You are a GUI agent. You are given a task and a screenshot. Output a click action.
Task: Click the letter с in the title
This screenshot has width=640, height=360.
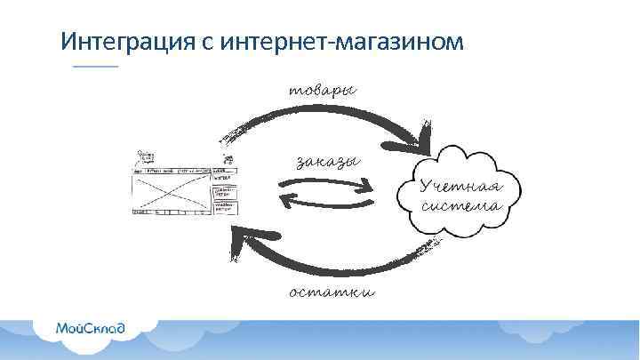tap(198, 42)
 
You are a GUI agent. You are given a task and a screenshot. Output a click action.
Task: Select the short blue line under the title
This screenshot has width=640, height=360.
tap(94, 68)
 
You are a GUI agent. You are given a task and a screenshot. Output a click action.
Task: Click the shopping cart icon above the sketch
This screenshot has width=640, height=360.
tap(228, 159)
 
